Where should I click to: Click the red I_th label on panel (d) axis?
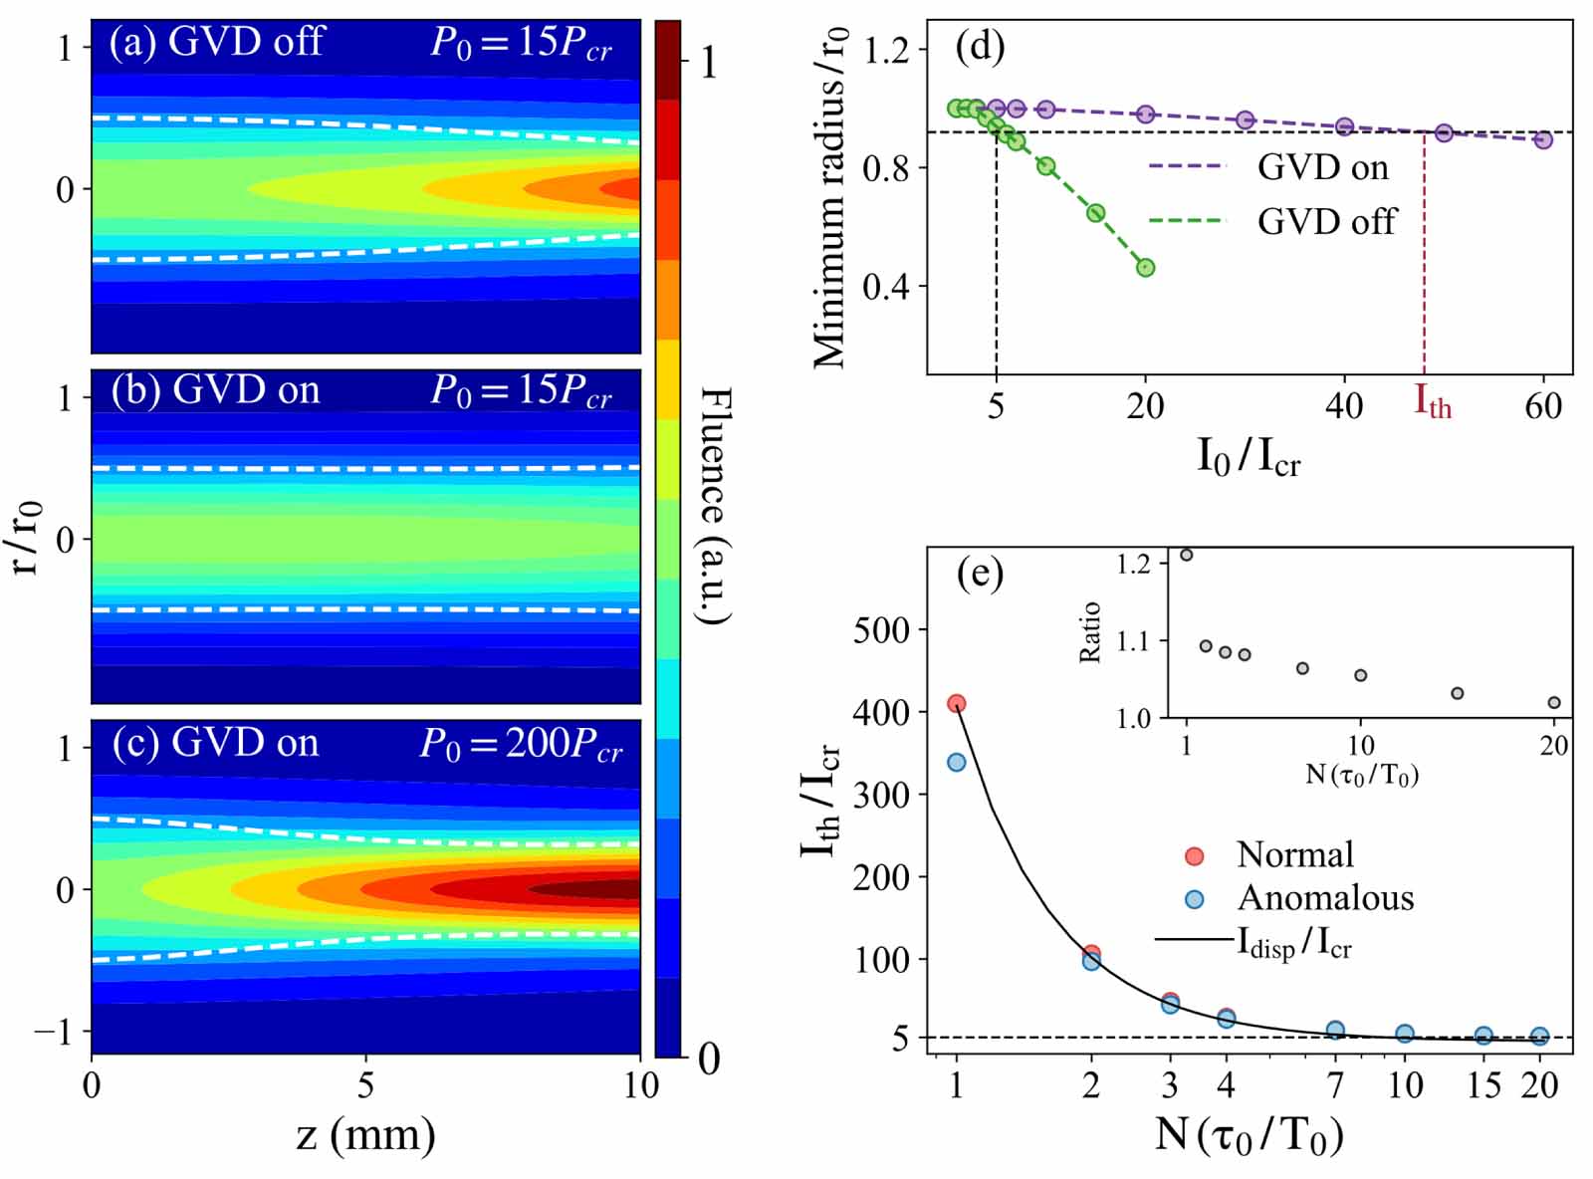[1433, 402]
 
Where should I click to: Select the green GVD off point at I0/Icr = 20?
[1145, 268]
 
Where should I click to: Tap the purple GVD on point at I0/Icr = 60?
[1543, 140]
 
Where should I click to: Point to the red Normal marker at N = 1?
[957, 704]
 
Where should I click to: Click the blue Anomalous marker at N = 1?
[957, 762]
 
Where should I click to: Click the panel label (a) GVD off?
[217, 42]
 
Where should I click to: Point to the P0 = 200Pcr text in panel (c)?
[521, 745]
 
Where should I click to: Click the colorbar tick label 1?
[709, 64]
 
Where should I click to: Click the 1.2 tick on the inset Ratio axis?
[1133, 564]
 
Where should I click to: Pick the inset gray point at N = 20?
[1554, 702]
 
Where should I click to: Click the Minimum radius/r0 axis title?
[830, 197]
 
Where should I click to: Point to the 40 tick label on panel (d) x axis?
[1344, 406]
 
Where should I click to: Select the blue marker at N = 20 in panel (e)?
[1539, 1037]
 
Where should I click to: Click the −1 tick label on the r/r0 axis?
[54, 1032]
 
